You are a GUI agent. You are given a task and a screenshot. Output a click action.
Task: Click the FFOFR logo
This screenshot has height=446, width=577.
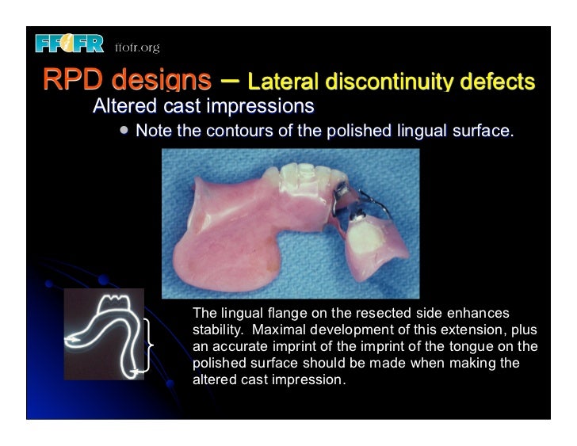pos(69,44)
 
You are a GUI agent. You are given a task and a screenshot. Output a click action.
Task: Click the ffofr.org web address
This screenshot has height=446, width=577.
pos(137,48)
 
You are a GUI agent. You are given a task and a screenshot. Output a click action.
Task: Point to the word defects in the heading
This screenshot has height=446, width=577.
pos(499,82)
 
